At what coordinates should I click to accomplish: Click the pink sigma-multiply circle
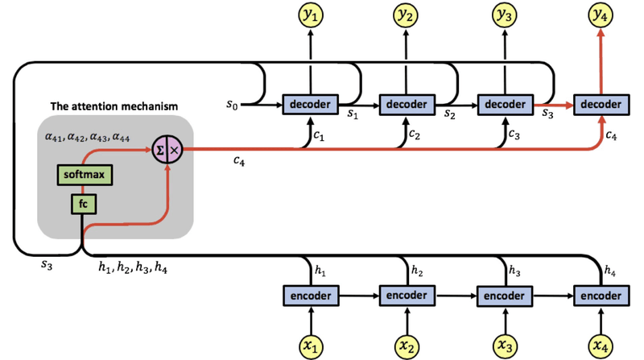point(167,150)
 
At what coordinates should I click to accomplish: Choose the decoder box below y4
point(599,105)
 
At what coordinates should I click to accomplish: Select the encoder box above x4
point(599,296)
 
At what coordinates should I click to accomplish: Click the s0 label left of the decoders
point(233,104)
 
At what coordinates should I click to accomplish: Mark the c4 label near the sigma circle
point(239,162)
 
